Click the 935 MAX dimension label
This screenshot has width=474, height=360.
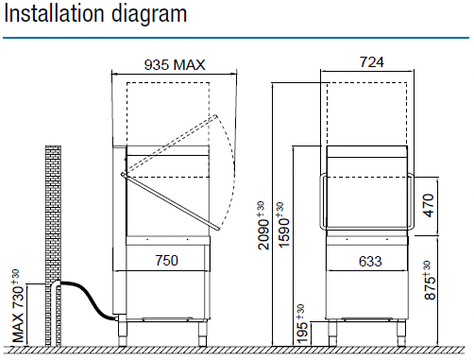coord(175,65)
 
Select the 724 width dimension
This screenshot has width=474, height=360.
coord(372,62)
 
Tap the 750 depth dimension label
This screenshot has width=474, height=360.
coord(167,261)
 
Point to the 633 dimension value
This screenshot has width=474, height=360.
coord(370,262)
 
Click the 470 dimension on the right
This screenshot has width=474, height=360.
coord(429,205)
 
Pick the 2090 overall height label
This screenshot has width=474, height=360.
coord(263,226)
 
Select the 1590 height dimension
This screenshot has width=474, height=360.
coord(283,226)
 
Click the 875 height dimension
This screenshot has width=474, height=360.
coord(430,281)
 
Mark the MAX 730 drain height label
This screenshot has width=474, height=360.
coord(18,306)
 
